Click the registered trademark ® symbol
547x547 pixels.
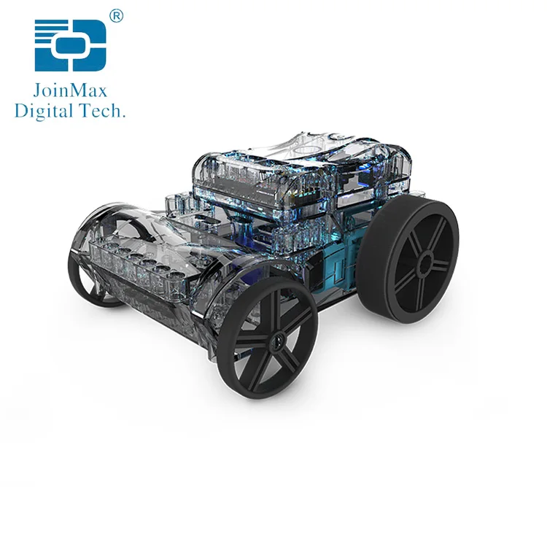(x=115, y=15)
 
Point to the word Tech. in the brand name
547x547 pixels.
(x=106, y=111)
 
